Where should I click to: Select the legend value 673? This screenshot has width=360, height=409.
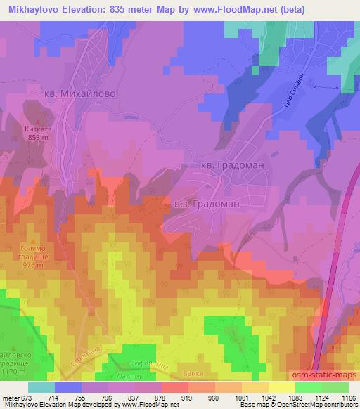pos(26,398)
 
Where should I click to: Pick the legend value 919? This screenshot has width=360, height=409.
pos(186,398)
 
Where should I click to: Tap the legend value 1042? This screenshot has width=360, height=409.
pos(266,398)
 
